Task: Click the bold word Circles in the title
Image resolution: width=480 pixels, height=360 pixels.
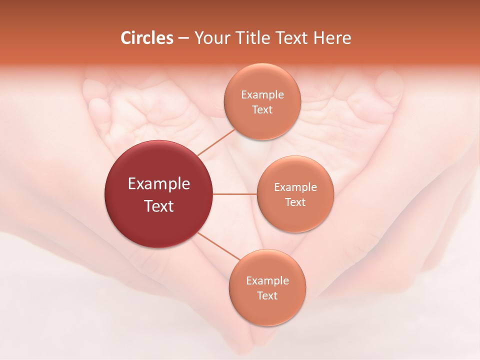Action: pos(146,38)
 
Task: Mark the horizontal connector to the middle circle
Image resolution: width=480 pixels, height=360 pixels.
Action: pos(235,194)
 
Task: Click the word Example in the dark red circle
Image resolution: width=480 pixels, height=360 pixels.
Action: pos(159,184)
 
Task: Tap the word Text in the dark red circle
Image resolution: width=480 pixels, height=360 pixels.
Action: pos(159,206)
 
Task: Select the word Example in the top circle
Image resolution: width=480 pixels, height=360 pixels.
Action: pos(262,94)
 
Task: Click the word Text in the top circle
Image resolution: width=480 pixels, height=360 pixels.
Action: pos(262,109)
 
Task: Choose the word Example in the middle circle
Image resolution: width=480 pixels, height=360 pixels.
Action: pos(295,187)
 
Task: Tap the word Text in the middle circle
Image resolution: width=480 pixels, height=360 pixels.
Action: pos(295,202)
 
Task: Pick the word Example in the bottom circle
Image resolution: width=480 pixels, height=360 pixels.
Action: pos(267,280)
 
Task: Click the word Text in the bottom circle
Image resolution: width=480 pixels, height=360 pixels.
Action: pos(267,295)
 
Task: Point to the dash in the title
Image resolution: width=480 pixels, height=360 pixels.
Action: pos(183,38)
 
